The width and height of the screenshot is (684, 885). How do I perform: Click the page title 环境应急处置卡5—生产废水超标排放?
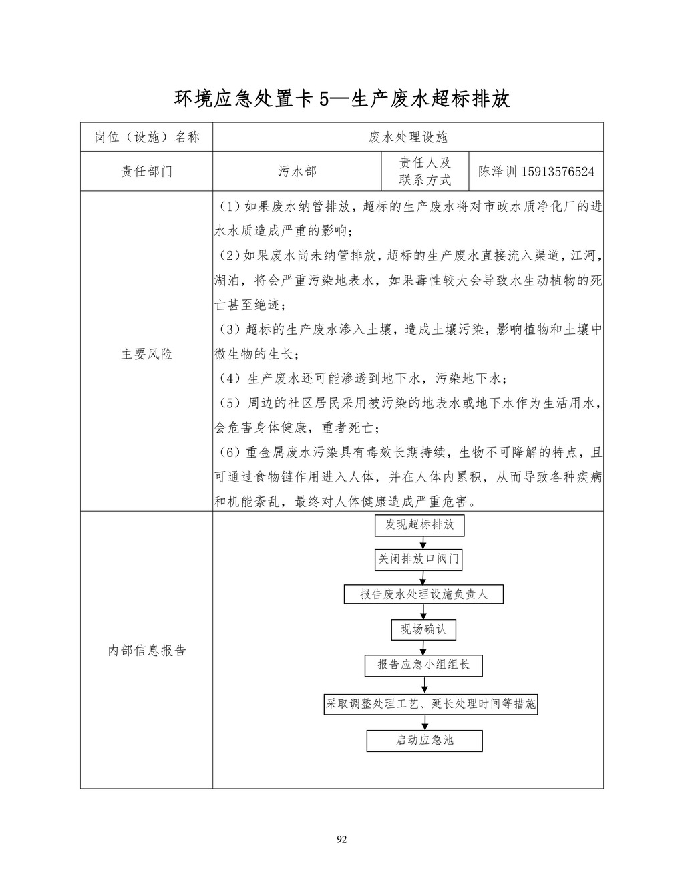click(x=342, y=99)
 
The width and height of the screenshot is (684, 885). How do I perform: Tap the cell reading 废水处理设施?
click(x=407, y=138)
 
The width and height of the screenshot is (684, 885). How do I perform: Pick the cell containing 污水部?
click(x=297, y=172)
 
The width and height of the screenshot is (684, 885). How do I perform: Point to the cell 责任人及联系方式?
click(x=425, y=172)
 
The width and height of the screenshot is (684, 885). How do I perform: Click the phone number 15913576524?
click(x=558, y=172)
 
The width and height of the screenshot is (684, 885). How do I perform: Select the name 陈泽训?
click(x=498, y=172)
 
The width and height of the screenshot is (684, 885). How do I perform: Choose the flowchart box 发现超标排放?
click(x=419, y=525)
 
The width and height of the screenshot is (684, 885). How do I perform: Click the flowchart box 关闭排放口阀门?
click(x=419, y=559)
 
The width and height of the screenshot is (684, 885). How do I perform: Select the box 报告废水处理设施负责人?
click(x=423, y=594)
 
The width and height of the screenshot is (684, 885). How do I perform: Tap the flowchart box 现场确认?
click(x=423, y=629)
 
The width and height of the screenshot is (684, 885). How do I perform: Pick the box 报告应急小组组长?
click(x=423, y=665)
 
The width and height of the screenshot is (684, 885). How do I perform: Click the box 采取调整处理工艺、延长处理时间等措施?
click(x=430, y=704)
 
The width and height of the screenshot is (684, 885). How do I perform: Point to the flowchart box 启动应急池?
click(x=424, y=741)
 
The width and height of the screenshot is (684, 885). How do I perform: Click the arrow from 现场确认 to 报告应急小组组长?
click(x=423, y=647)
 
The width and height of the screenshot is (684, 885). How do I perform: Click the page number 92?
click(x=342, y=840)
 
